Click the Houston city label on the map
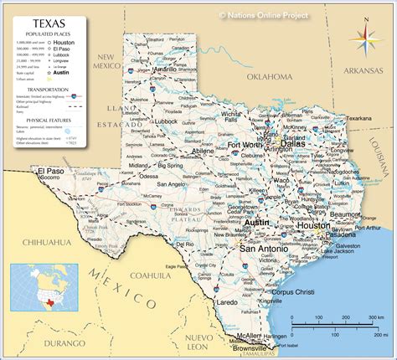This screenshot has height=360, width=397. click(x=313, y=225)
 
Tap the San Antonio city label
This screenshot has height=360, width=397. click(x=264, y=249)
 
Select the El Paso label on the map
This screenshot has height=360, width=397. click(x=50, y=170)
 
